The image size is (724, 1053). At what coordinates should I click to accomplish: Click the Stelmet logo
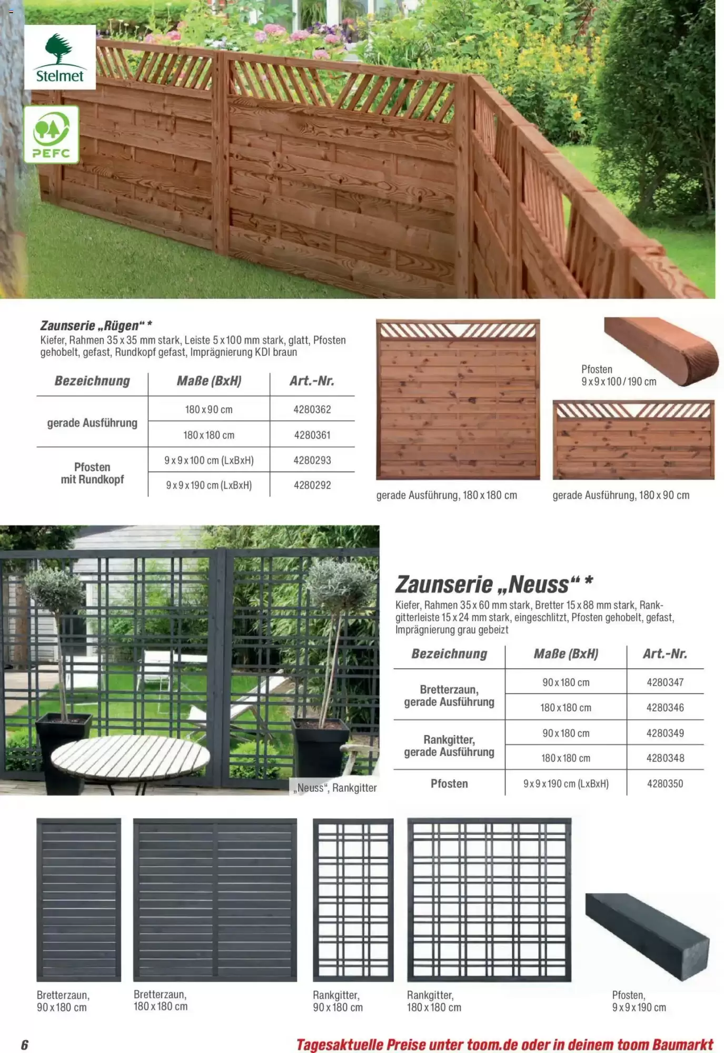[59, 57]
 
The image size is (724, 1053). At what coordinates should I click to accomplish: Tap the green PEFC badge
[51, 135]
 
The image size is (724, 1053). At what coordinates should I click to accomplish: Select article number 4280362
[312, 410]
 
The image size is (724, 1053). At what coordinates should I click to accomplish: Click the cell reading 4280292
[312, 485]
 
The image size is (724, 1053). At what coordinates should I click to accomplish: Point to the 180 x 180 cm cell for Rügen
[209, 435]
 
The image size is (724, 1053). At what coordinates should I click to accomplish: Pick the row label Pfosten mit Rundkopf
[92, 473]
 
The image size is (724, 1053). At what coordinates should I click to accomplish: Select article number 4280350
[665, 784]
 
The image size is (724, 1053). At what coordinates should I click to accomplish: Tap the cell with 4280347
[665, 683]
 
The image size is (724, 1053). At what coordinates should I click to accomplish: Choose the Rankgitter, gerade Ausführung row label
[449, 746]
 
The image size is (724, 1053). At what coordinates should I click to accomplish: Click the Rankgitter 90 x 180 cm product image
[353, 900]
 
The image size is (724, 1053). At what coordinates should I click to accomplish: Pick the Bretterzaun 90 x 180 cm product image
[78, 900]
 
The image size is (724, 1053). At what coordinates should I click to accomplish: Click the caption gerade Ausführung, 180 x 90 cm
[621, 495]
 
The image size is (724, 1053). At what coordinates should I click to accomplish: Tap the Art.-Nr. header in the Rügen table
[312, 381]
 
